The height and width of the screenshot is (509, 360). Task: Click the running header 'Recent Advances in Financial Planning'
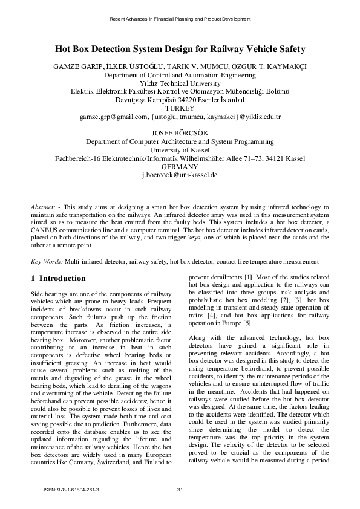click(x=179, y=19)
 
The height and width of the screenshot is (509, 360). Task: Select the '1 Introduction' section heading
click(x=58, y=279)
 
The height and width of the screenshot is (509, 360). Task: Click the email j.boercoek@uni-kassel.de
click(x=179, y=175)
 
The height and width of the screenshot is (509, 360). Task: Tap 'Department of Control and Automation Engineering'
click(x=180, y=76)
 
